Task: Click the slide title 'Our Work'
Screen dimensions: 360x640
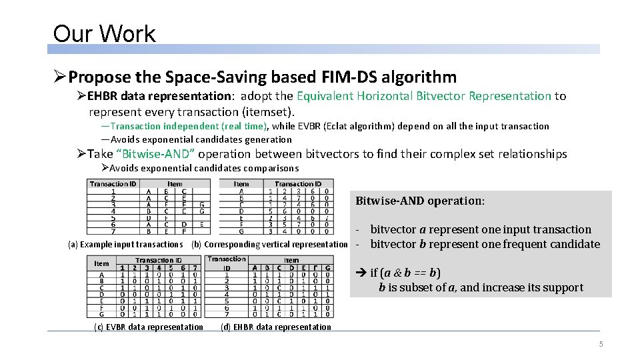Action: point(104,33)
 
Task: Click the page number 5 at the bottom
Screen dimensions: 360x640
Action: point(601,344)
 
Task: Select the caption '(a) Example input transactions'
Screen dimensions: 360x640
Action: point(125,245)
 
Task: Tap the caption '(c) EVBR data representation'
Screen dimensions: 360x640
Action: point(149,327)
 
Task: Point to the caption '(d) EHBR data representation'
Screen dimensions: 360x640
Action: point(275,327)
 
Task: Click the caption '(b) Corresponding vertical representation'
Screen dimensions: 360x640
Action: point(269,245)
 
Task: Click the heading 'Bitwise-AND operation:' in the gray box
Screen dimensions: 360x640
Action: point(421,201)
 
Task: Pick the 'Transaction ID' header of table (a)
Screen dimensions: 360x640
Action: point(113,184)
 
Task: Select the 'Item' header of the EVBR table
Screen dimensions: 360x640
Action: point(101,263)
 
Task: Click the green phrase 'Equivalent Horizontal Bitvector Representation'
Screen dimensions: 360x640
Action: point(424,96)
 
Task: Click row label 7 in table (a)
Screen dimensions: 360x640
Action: point(113,232)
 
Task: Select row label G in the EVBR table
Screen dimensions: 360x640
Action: point(101,314)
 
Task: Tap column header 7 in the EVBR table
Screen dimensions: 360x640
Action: point(194,268)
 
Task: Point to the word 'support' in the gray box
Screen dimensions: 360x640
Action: point(563,288)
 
